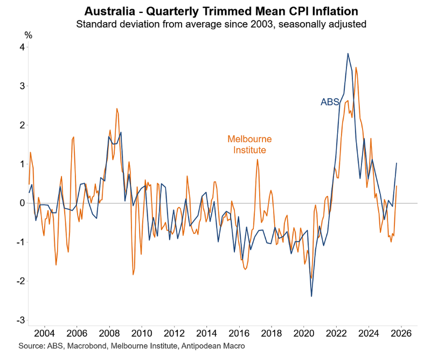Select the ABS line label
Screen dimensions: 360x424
(330, 102)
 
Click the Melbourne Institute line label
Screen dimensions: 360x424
(249, 144)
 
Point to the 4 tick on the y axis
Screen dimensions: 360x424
(22, 47)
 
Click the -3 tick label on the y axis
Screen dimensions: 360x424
(20, 320)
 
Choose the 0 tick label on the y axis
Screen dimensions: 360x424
(22, 203)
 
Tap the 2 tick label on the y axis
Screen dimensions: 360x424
(22, 125)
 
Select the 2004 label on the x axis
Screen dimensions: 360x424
(44, 332)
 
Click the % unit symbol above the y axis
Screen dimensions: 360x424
(28, 35)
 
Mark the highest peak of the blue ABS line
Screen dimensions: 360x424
(347, 53)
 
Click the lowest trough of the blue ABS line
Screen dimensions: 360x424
(311, 296)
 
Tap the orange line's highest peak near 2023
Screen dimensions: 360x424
(356, 67)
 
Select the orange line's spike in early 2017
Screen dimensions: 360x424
(258, 159)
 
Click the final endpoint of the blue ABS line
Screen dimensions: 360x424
(397, 163)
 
